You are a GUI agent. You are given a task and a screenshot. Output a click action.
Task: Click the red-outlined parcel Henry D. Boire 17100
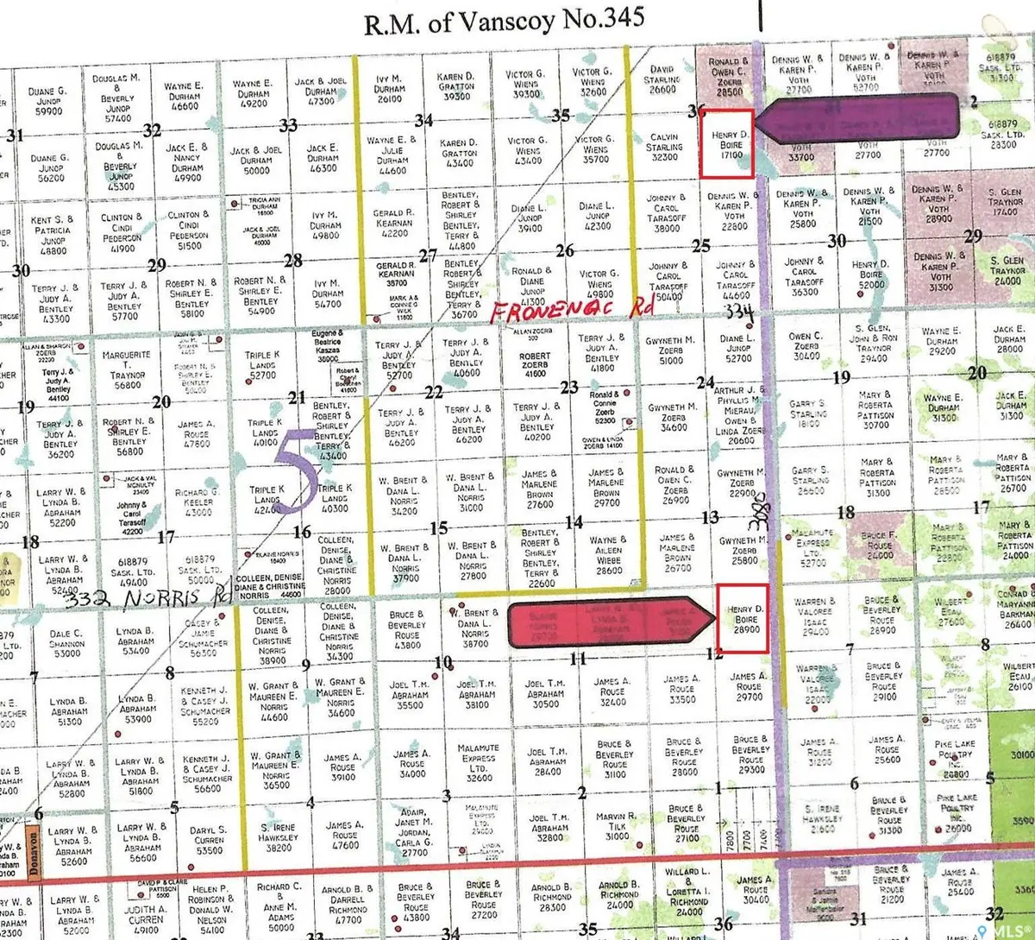pyautogui.click(x=725, y=144)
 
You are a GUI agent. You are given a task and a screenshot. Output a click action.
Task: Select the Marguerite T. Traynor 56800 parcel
pyautogui.click(x=127, y=369)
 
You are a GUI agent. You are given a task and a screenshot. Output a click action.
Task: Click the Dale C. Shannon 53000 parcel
pyautogui.click(x=66, y=642)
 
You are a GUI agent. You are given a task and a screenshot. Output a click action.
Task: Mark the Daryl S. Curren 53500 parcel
pyautogui.click(x=208, y=838)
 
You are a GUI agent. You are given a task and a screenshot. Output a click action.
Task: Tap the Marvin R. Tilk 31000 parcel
pyautogui.click(x=617, y=825)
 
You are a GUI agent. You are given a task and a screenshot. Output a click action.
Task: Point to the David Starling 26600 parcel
pyautogui.click(x=662, y=79)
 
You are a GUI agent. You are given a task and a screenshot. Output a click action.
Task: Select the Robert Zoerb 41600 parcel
pyautogui.click(x=535, y=364)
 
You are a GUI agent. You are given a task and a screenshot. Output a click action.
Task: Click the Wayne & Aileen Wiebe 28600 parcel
pyautogui.click(x=608, y=556)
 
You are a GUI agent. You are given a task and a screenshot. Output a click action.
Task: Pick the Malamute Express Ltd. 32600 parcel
pyautogui.click(x=479, y=762)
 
